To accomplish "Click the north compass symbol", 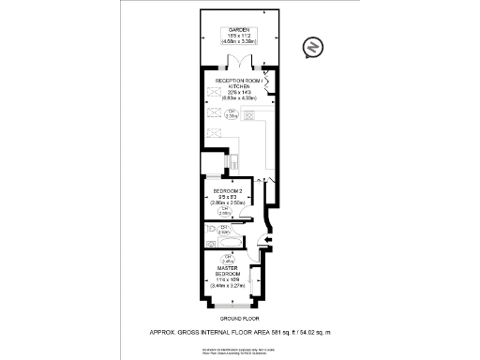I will point(310,48).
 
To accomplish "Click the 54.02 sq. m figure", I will point(320,331).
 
